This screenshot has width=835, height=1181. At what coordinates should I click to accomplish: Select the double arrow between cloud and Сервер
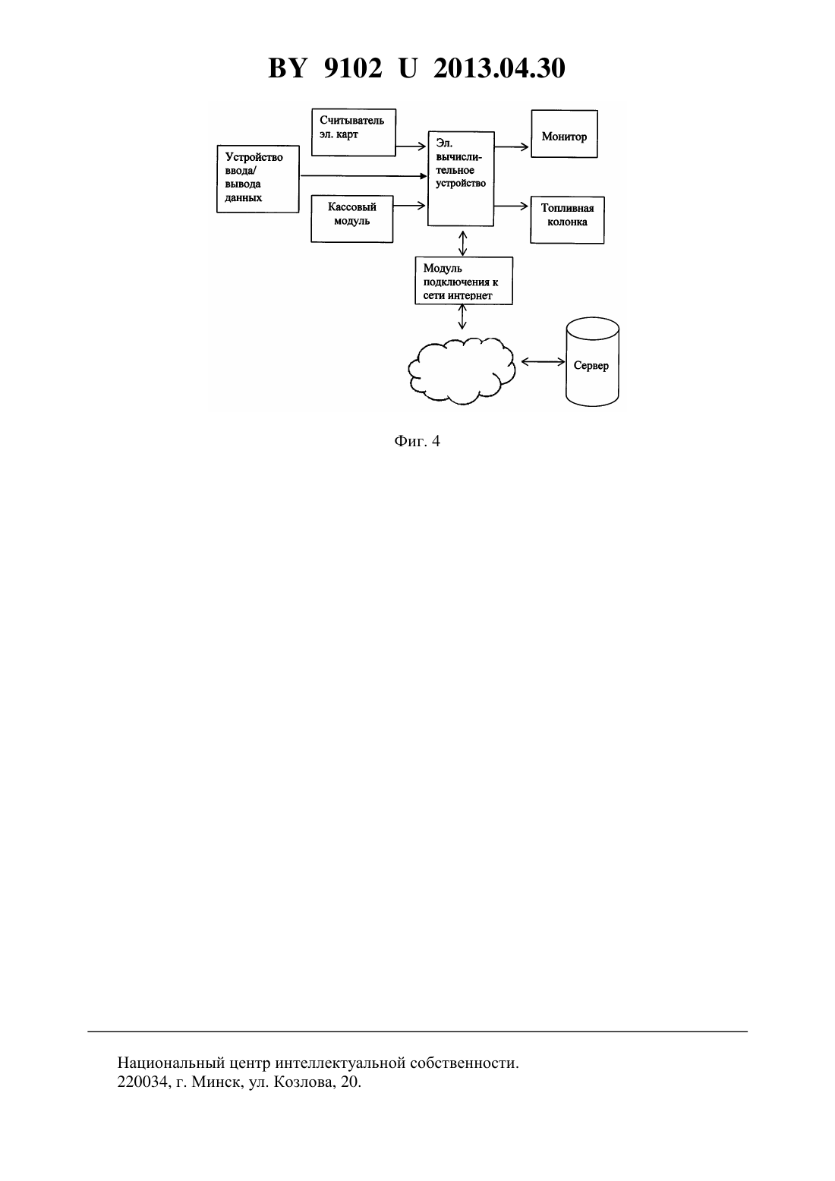[x=543, y=362]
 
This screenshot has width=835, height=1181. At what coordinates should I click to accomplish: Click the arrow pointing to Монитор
[x=512, y=147]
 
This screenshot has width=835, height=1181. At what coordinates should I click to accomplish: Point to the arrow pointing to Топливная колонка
[x=512, y=206]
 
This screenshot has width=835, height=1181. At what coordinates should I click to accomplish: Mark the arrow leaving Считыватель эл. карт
[x=411, y=146]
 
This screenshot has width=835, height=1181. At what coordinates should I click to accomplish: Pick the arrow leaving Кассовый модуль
[x=409, y=206]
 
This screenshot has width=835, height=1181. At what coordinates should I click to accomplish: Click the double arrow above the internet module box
[x=462, y=243]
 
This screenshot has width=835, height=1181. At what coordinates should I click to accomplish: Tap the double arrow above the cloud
[x=462, y=317]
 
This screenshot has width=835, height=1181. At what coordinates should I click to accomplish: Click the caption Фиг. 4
[x=417, y=441]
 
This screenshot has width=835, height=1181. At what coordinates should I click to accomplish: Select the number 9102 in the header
[x=353, y=68]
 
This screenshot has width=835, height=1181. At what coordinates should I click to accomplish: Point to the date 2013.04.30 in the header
[x=499, y=68]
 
